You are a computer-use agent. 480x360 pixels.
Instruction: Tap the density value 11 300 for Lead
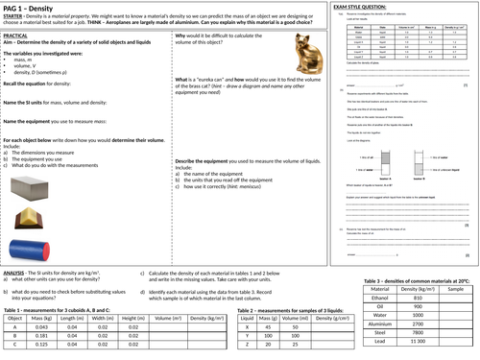[x=419, y=343]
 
